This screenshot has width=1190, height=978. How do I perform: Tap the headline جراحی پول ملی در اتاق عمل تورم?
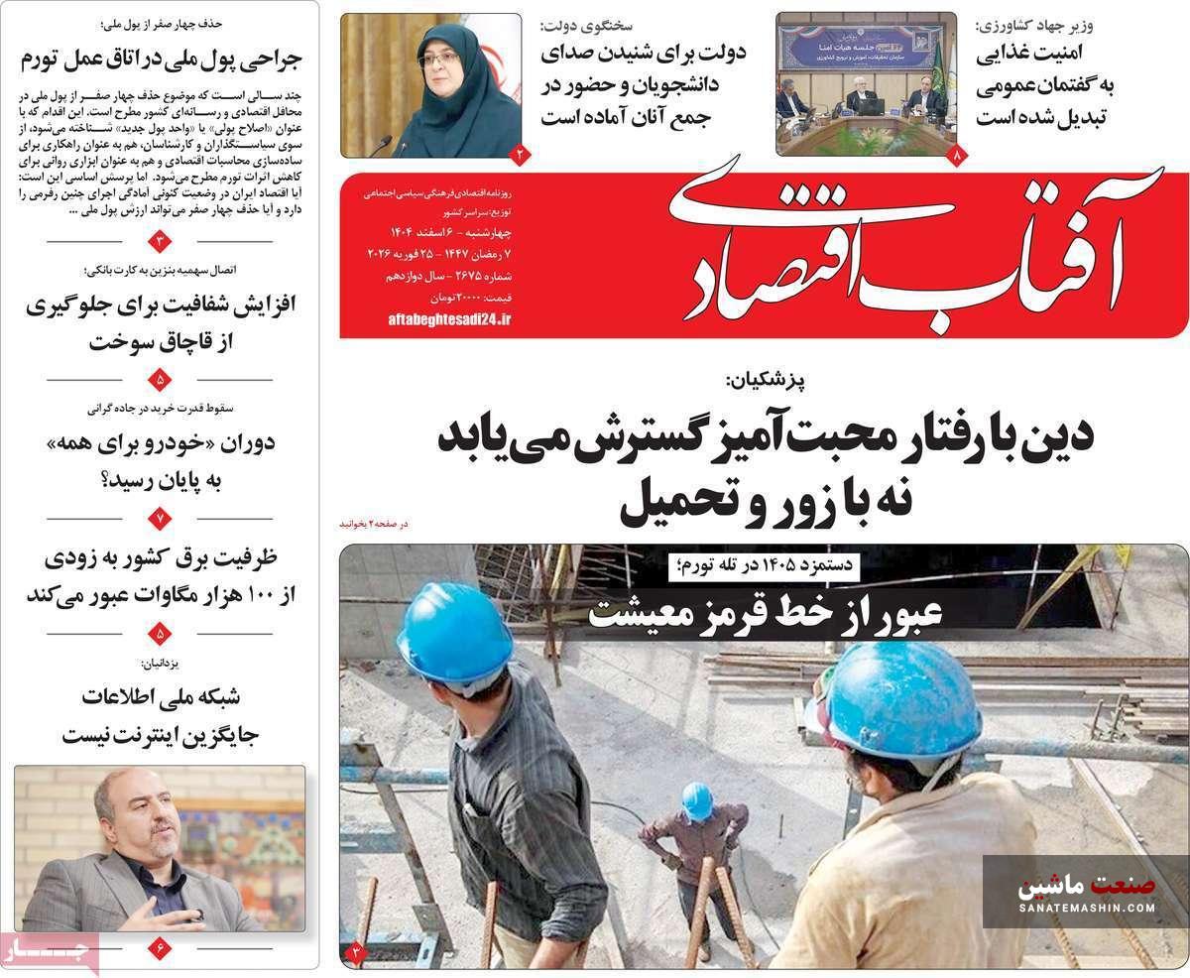(x=161, y=59)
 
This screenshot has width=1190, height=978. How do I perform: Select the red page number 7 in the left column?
(x=162, y=516)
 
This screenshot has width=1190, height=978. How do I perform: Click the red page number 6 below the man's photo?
(x=162, y=948)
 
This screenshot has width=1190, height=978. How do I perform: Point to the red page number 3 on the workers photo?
(x=356, y=954)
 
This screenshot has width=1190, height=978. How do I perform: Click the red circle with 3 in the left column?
(x=162, y=241)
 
